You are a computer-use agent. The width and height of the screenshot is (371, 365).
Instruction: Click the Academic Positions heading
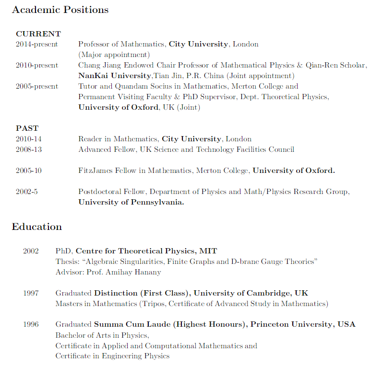(x=60, y=10)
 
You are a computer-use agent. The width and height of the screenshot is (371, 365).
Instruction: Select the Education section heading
(x=36, y=227)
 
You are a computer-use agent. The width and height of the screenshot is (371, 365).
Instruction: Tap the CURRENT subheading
(x=38, y=34)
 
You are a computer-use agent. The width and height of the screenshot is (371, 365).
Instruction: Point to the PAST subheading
(x=27, y=128)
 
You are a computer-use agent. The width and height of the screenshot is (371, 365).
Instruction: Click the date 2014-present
(x=36, y=44)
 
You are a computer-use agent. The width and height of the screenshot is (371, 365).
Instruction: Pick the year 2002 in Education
(x=31, y=251)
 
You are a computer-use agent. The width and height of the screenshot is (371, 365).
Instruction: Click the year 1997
(x=31, y=293)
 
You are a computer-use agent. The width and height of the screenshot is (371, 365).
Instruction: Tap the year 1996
(x=31, y=324)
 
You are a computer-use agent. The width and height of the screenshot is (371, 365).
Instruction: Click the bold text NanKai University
(x=115, y=76)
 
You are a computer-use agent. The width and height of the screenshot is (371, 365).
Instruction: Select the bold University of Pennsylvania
(x=131, y=202)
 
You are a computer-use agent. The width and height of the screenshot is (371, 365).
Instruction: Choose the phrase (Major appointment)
(x=114, y=55)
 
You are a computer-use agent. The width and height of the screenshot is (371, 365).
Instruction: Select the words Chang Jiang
(x=100, y=65)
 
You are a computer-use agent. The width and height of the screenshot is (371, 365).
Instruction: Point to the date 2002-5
(x=26, y=192)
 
